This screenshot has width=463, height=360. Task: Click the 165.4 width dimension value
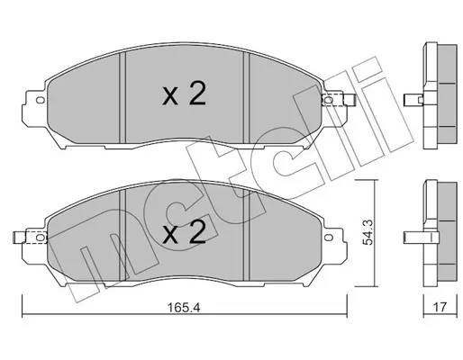184,307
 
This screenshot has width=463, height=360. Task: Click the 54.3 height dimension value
368,232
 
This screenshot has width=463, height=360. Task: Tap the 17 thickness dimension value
440,307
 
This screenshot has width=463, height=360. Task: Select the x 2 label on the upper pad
184,94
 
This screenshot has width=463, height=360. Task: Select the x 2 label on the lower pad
184,232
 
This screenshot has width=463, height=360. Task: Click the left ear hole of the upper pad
40,100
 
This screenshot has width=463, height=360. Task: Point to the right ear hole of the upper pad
329,100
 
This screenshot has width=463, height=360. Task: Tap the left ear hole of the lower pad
40,238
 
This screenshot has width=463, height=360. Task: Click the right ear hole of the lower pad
329,238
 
